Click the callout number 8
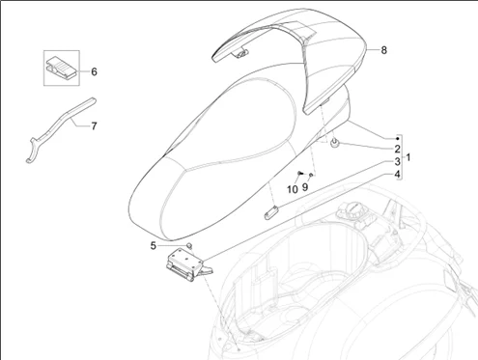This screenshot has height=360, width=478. (383, 50)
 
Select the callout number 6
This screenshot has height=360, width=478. (94, 71)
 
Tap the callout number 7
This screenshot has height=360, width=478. (94, 126)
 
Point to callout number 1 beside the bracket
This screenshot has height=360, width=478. (408, 157)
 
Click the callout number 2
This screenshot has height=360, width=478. (398, 149)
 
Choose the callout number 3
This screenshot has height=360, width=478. (398, 162)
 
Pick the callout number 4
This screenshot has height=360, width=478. (398, 175)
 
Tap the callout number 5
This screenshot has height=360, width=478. (154, 246)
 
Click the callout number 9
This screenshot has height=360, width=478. (305, 187)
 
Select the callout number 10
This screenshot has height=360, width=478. (293, 189)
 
